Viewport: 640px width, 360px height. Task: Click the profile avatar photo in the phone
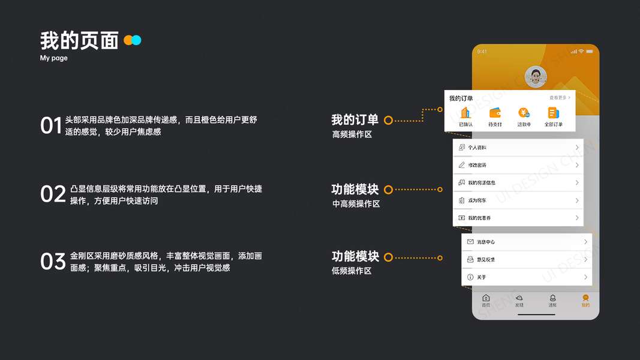(536, 77)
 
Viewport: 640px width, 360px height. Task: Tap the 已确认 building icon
(465, 113)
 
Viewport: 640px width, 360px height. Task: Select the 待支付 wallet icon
(495, 113)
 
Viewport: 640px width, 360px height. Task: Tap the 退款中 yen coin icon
(524, 113)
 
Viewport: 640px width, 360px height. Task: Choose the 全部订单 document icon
(553, 113)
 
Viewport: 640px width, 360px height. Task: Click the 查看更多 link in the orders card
(560, 97)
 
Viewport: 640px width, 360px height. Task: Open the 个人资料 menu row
(518, 148)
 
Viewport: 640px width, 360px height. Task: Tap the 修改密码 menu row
(518, 165)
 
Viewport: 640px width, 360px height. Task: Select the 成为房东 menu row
(518, 200)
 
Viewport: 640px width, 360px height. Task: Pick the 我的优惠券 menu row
(518, 218)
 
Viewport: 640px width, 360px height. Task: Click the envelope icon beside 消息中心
(470, 242)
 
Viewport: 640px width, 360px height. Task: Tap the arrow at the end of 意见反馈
(585, 260)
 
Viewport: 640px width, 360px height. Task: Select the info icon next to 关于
(470, 277)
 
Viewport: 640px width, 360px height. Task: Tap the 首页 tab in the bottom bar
(486, 301)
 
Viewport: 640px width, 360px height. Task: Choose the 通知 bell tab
(552, 301)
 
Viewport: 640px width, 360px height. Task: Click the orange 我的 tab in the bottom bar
(585, 301)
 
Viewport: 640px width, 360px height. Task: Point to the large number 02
(53, 194)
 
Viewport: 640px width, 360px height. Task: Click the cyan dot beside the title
(137, 40)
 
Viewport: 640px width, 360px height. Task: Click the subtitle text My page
(54, 58)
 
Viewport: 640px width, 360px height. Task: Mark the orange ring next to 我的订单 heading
(388, 120)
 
